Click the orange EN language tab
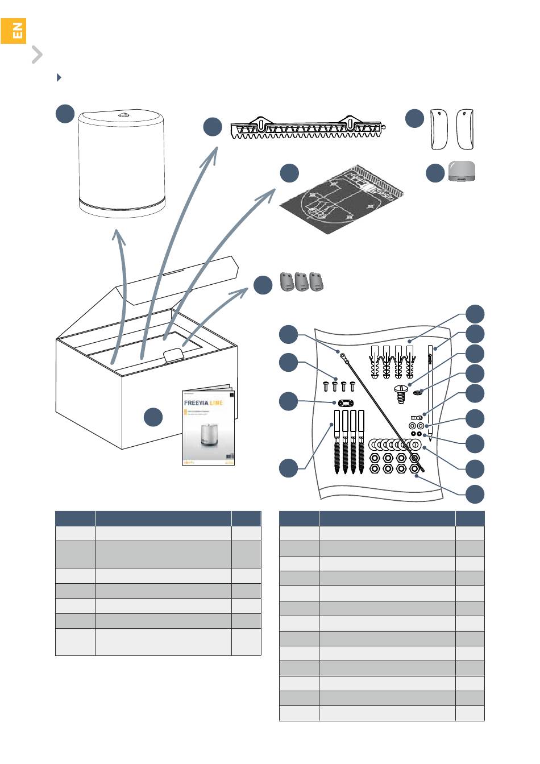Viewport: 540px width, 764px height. point(13,31)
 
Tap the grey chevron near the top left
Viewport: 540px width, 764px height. point(37,55)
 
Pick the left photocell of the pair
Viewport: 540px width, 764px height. point(439,129)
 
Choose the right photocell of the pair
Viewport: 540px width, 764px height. point(465,129)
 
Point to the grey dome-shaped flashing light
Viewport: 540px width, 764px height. point(462,171)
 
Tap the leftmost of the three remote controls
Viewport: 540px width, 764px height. point(287,282)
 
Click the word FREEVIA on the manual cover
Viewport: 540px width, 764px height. point(196,403)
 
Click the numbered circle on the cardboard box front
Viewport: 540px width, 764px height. point(152,417)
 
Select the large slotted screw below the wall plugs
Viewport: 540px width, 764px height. point(402,392)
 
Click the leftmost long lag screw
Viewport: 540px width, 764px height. point(337,440)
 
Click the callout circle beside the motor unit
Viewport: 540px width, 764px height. point(65,113)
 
